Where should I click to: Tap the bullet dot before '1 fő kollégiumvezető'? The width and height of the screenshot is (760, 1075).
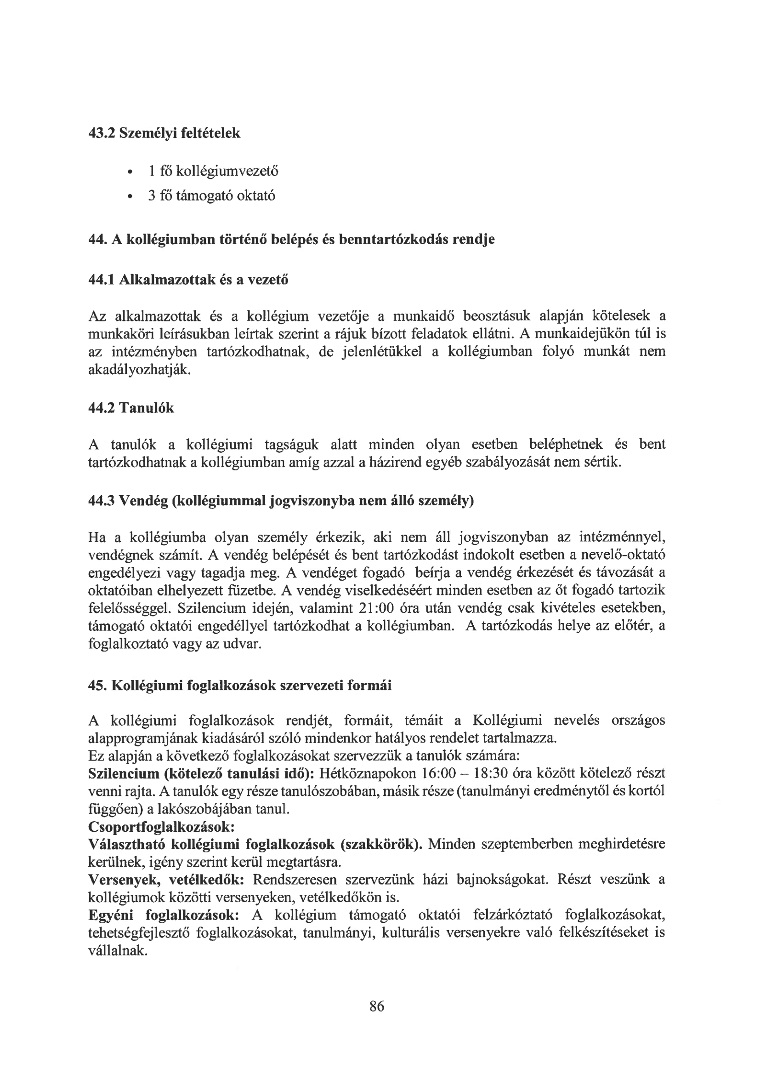pyautogui.click(x=129, y=173)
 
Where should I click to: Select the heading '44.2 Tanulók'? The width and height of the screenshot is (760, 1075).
pyautogui.click(x=131, y=408)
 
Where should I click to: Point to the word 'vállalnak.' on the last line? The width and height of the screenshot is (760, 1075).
pyautogui.click(x=118, y=951)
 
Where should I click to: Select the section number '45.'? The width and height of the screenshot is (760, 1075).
pyautogui.click(x=98, y=686)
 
